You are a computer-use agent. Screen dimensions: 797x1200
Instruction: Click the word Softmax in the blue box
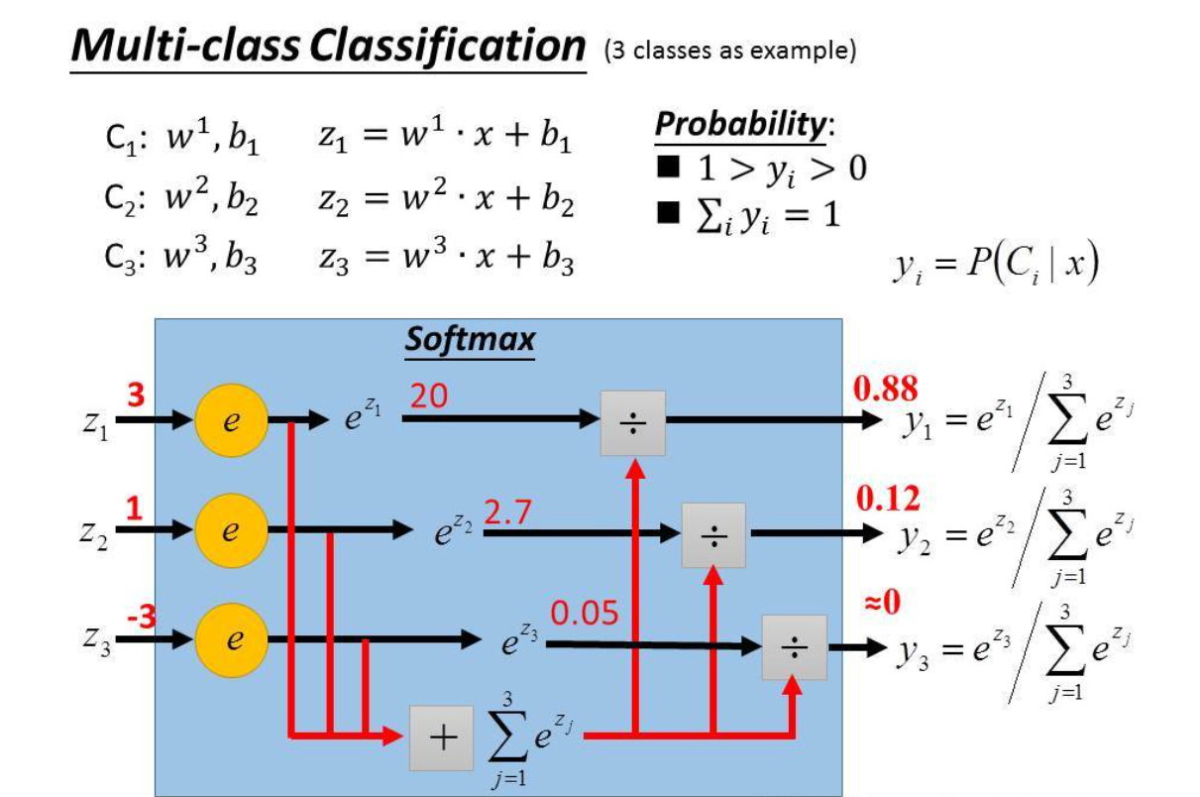[x=470, y=340]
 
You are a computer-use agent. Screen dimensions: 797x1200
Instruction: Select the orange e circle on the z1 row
[x=229, y=421]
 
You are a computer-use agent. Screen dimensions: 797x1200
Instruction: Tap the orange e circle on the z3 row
[x=229, y=639]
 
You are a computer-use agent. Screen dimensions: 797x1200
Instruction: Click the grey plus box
[x=442, y=738]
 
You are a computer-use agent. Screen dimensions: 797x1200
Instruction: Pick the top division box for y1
[x=632, y=422]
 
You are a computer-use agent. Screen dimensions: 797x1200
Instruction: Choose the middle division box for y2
[x=713, y=535]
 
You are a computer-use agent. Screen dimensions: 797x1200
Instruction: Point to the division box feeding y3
[x=794, y=647]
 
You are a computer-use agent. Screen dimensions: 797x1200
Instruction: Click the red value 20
[x=428, y=397]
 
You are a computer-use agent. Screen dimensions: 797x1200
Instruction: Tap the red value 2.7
[x=508, y=512]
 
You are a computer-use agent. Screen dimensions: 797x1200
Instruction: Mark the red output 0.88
[x=885, y=389]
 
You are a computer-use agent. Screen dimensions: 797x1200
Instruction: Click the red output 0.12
[x=886, y=499]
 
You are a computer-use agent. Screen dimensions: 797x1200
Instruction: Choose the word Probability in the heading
[x=740, y=125]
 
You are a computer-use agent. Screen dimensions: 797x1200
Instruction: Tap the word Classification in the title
[x=447, y=46]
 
